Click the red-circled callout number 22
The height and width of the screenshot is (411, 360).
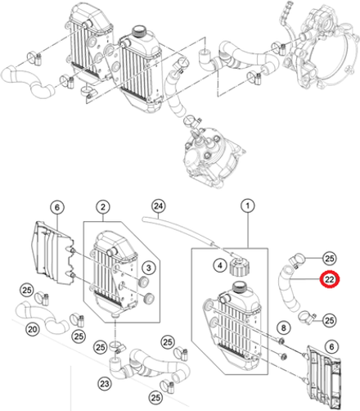click(x=329, y=279)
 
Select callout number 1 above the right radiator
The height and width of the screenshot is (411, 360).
click(x=248, y=205)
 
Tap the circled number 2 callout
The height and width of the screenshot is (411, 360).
click(x=103, y=207)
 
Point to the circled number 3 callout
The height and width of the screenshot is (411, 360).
click(x=149, y=267)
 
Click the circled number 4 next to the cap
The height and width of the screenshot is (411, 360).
click(x=220, y=265)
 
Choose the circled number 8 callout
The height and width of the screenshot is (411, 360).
click(x=284, y=327)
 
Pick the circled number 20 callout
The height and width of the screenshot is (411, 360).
click(x=33, y=329)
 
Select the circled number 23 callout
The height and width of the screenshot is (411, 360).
click(x=105, y=384)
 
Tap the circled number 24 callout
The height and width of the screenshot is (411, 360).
click(x=159, y=205)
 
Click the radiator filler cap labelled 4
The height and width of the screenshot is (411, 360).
click(x=240, y=267)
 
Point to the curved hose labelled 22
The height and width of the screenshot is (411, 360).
click(x=288, y=290)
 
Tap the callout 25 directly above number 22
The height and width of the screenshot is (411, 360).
click(x=330, y=258)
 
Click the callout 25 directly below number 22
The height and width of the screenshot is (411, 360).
click(x=330, y=320)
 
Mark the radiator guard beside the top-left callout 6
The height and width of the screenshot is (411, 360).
click(x=52, y=252)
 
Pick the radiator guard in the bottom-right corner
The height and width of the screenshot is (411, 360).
click(x=323, y=377)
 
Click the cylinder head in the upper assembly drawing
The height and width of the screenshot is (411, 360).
click(x=213, y=158)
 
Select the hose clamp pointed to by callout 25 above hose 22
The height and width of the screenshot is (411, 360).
click(x=295, y=260)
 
